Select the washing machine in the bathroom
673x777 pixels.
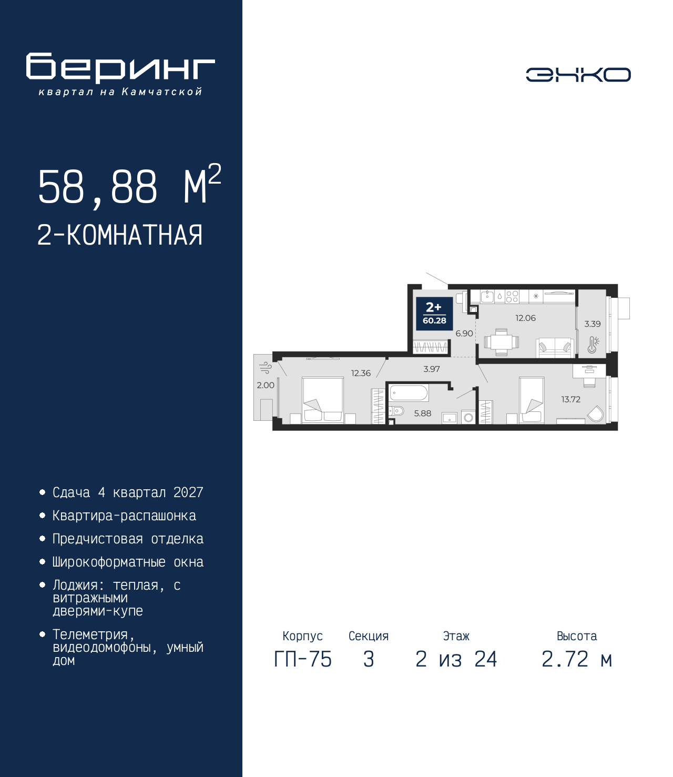(x=468, y=417)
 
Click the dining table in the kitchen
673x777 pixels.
(x=501, y=342)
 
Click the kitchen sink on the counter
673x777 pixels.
(x=487, y=296)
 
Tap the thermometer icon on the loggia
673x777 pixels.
(x=593, y=345)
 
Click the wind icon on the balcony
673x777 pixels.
(x=266, y=367)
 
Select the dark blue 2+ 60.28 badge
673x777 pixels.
(x=434, y=314)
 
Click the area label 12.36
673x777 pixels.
(x=361, y=374)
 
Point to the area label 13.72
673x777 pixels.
(x=571, y=400)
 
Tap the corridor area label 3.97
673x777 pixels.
(x=431, y=369)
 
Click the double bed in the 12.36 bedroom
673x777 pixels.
(x=323, y=400)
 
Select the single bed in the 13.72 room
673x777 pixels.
(x=532, y=400)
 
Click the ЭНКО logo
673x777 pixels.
(x=578, y=74)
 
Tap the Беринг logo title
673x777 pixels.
(x=120, y=68)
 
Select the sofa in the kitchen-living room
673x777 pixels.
(x=555, y=347)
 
